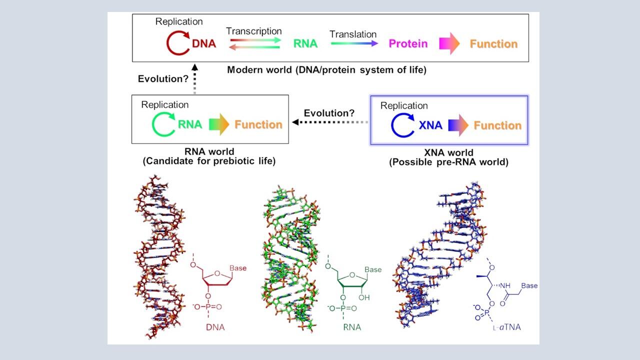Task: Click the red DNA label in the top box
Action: (204, 44)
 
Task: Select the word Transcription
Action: (253, 31)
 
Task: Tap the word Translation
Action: (353, 34)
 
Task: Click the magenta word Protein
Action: (408, 44)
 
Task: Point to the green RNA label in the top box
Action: (305, 44)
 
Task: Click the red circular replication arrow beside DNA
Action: (177, 43)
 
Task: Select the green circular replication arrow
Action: (163, 124)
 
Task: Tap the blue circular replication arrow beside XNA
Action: (403, 125)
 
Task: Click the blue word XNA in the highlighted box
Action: (430, 125)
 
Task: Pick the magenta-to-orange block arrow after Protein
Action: (449, 44)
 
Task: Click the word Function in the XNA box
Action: (497, 125)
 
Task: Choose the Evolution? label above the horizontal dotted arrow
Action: (329, 113)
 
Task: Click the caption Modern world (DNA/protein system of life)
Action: (326, 70)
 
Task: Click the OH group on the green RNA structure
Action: (365, 297)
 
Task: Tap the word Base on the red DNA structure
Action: (238, 268)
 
